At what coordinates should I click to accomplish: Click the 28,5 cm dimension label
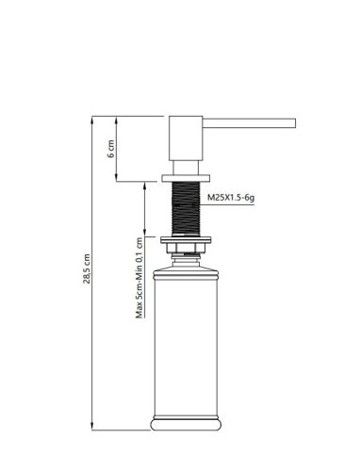click(x=87, y=268)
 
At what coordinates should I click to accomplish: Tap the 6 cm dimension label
click(x=111, y=149)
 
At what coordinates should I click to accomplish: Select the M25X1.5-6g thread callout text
click(x=231, y=198)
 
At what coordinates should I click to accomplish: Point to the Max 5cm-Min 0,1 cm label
click(x=139, y=278)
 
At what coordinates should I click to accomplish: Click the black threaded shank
click(x=186, y=208)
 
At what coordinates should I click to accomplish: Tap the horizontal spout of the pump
click(x=249, y=123)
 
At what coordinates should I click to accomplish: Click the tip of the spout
click(x=296, y=123)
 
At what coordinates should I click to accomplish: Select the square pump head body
click(x=186, y=138)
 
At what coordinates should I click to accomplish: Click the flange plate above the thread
click(x=186, y=178)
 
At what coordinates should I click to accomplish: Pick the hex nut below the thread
click(x=186, y=249)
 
